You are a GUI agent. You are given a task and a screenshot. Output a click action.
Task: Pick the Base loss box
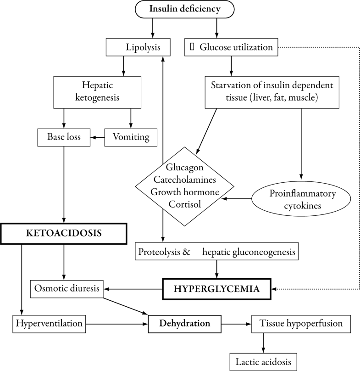pos(63,136)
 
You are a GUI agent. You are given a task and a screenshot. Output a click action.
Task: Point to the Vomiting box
pos(131,136)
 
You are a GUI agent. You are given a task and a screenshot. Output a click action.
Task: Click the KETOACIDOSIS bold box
pos(63,233)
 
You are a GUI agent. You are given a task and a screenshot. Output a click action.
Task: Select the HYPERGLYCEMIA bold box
pos(218,289)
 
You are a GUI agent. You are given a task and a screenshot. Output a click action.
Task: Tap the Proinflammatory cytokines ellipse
pos(301,199)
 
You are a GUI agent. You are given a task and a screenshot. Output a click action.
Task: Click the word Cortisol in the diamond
pos(185,202)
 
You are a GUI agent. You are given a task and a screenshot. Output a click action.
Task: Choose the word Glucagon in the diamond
pos(185,168)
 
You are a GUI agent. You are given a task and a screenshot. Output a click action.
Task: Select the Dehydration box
pos(184,324)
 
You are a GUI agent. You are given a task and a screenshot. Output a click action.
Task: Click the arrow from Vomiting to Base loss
pos(97,136)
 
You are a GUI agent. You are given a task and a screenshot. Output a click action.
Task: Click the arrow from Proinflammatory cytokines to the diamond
pos(238,199)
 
